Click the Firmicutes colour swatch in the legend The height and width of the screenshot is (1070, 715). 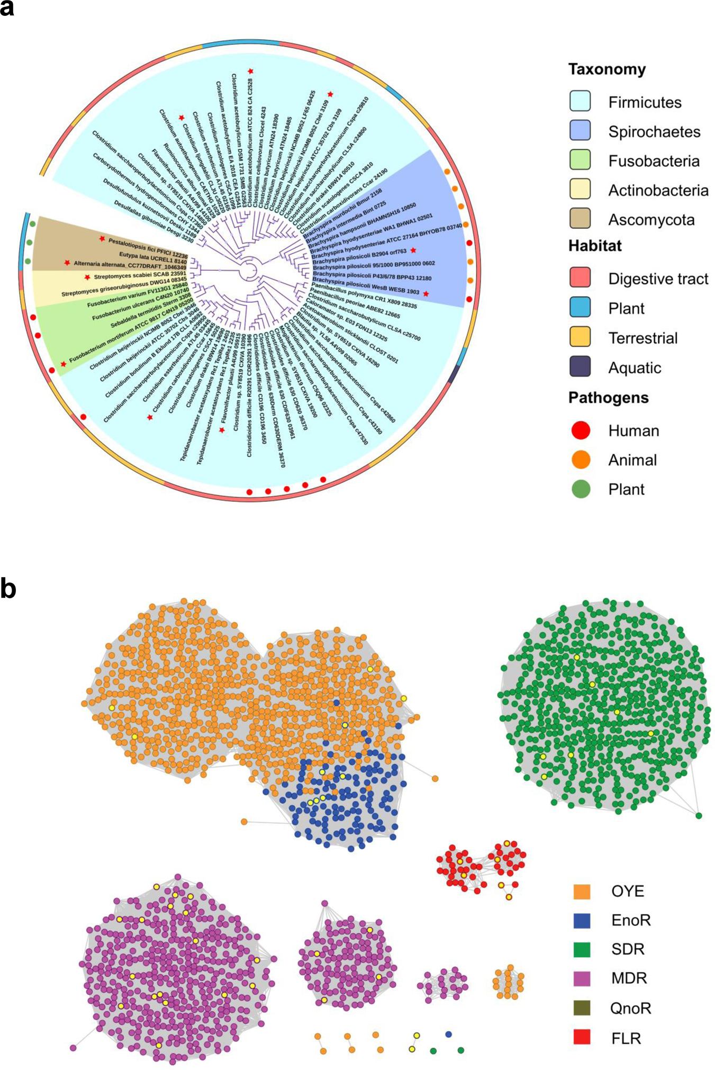(x=580, y=101)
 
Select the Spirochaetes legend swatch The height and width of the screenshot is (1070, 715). (x=580, y=131)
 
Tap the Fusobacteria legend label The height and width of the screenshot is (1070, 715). (x=654, y=161)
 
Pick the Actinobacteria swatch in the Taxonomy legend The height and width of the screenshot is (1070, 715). (x=580, y=190)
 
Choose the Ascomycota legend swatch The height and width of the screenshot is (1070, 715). (x=580, y=219)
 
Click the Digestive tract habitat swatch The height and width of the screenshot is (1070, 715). (x=580, y=278)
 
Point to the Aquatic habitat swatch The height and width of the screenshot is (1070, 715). (x=580, y=367)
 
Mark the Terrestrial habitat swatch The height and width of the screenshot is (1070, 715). (x=580, y=337)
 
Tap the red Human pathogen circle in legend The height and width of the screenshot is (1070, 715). (x=581, y=430)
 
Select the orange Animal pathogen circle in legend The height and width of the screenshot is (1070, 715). (x=581, y=460)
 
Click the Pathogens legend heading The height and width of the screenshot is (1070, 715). (x=608, y=398)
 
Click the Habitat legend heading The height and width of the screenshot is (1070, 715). (x=595, y=246)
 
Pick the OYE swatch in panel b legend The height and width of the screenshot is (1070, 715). (x=582, y=891)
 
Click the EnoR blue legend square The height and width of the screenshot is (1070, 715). (x=582, y=920)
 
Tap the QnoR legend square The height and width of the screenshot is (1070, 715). (x=582, y=1008)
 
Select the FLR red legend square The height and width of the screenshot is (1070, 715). (x=582, y=1037)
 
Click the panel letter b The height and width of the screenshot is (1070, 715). (x=8, y=589)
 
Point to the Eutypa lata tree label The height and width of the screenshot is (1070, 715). (x=153, y=258)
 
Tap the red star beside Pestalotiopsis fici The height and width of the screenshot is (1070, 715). (x=102, y=239)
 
